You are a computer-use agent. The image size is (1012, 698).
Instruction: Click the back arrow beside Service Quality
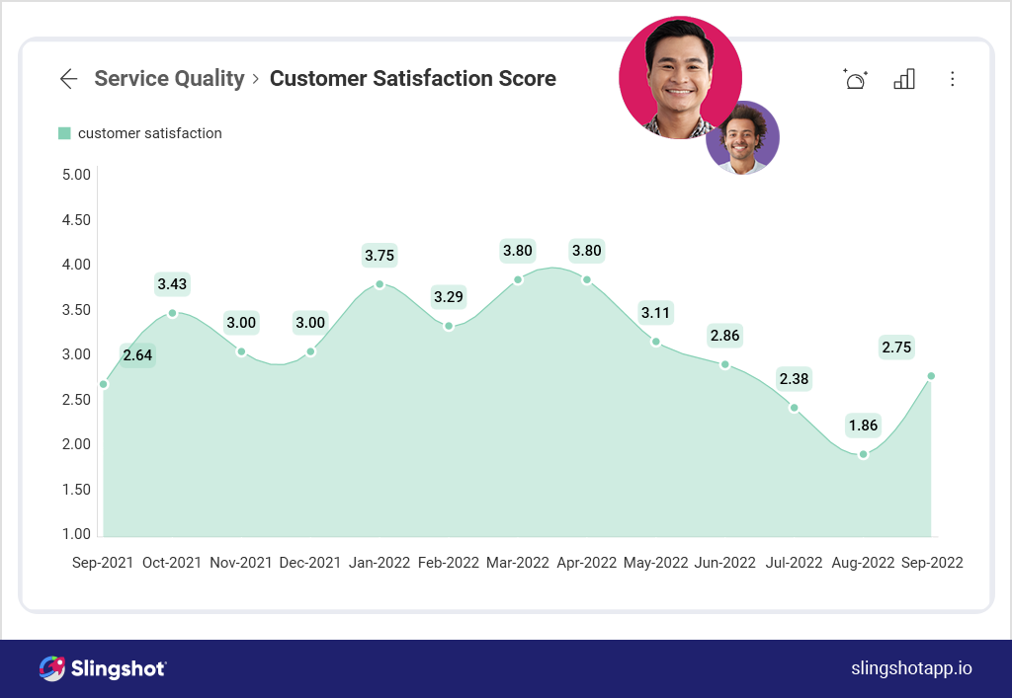pos(68,79)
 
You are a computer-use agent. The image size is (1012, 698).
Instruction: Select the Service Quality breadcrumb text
pos(169,79)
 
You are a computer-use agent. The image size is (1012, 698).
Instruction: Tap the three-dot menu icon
pos(953,79)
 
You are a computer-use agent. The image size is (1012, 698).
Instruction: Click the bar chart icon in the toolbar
pos(903,79)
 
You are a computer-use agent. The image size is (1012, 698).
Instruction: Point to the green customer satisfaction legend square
pos(64,133)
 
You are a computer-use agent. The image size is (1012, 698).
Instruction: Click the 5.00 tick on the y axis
pos(76,175)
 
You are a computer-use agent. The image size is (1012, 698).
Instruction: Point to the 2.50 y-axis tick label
pos(76,400)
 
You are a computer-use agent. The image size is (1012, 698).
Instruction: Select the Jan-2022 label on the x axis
pos(379,563)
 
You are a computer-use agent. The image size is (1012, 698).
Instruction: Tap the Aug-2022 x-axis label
pos(864,563)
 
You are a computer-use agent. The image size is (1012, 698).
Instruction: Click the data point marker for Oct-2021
pos(172,313)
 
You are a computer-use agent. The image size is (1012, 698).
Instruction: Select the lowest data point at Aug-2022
pos(864,454)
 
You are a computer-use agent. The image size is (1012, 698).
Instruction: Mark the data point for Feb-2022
pos(449,326)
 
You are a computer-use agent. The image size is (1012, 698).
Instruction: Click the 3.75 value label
pos(379,256)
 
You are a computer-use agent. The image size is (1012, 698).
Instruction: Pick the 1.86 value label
pos(862,427)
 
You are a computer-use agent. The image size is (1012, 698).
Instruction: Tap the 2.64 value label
pos(137,355)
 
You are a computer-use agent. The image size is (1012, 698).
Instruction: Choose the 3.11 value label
pos(656,314)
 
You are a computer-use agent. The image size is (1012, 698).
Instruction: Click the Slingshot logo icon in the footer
pos(52,668)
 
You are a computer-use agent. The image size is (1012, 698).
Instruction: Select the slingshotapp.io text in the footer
pos(911,668)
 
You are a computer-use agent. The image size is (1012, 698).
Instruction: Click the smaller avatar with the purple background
pos(742,138)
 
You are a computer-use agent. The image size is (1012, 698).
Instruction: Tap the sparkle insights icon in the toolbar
pos(855,79)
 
